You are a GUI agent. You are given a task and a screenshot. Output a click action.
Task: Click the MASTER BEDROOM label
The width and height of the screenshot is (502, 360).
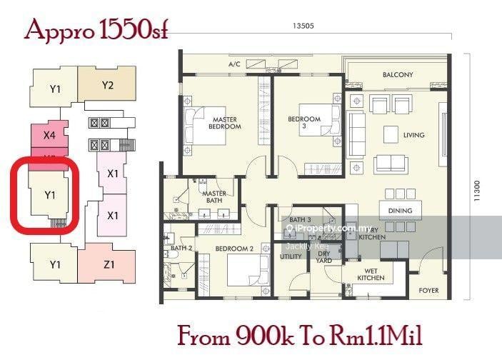tap(224, 123)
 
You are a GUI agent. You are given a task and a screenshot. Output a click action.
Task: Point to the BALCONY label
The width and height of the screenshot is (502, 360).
tap(398, 75)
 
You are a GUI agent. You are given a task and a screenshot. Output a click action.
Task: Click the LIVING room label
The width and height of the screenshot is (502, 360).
tap(413, 135)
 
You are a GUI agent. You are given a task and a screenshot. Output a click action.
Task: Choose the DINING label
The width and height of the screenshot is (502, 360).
tap(400, 211)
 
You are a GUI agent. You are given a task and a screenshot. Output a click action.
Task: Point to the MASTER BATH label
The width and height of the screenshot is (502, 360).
tap(214, 197)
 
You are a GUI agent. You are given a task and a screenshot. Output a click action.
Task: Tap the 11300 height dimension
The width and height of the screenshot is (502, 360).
tap(476, 193)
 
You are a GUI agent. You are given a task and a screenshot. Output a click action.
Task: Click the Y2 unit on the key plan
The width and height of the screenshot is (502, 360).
tap(108, 85)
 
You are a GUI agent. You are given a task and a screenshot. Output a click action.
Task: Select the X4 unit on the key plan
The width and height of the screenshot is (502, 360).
tap(49, 134)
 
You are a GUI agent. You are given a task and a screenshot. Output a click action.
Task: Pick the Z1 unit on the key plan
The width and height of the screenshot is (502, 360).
tap(109, 265)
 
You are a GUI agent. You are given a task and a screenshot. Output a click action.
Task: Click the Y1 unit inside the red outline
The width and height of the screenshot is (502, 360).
tap(49, 194)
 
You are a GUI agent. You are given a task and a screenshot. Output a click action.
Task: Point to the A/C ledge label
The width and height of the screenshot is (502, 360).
tap(234, 64)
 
